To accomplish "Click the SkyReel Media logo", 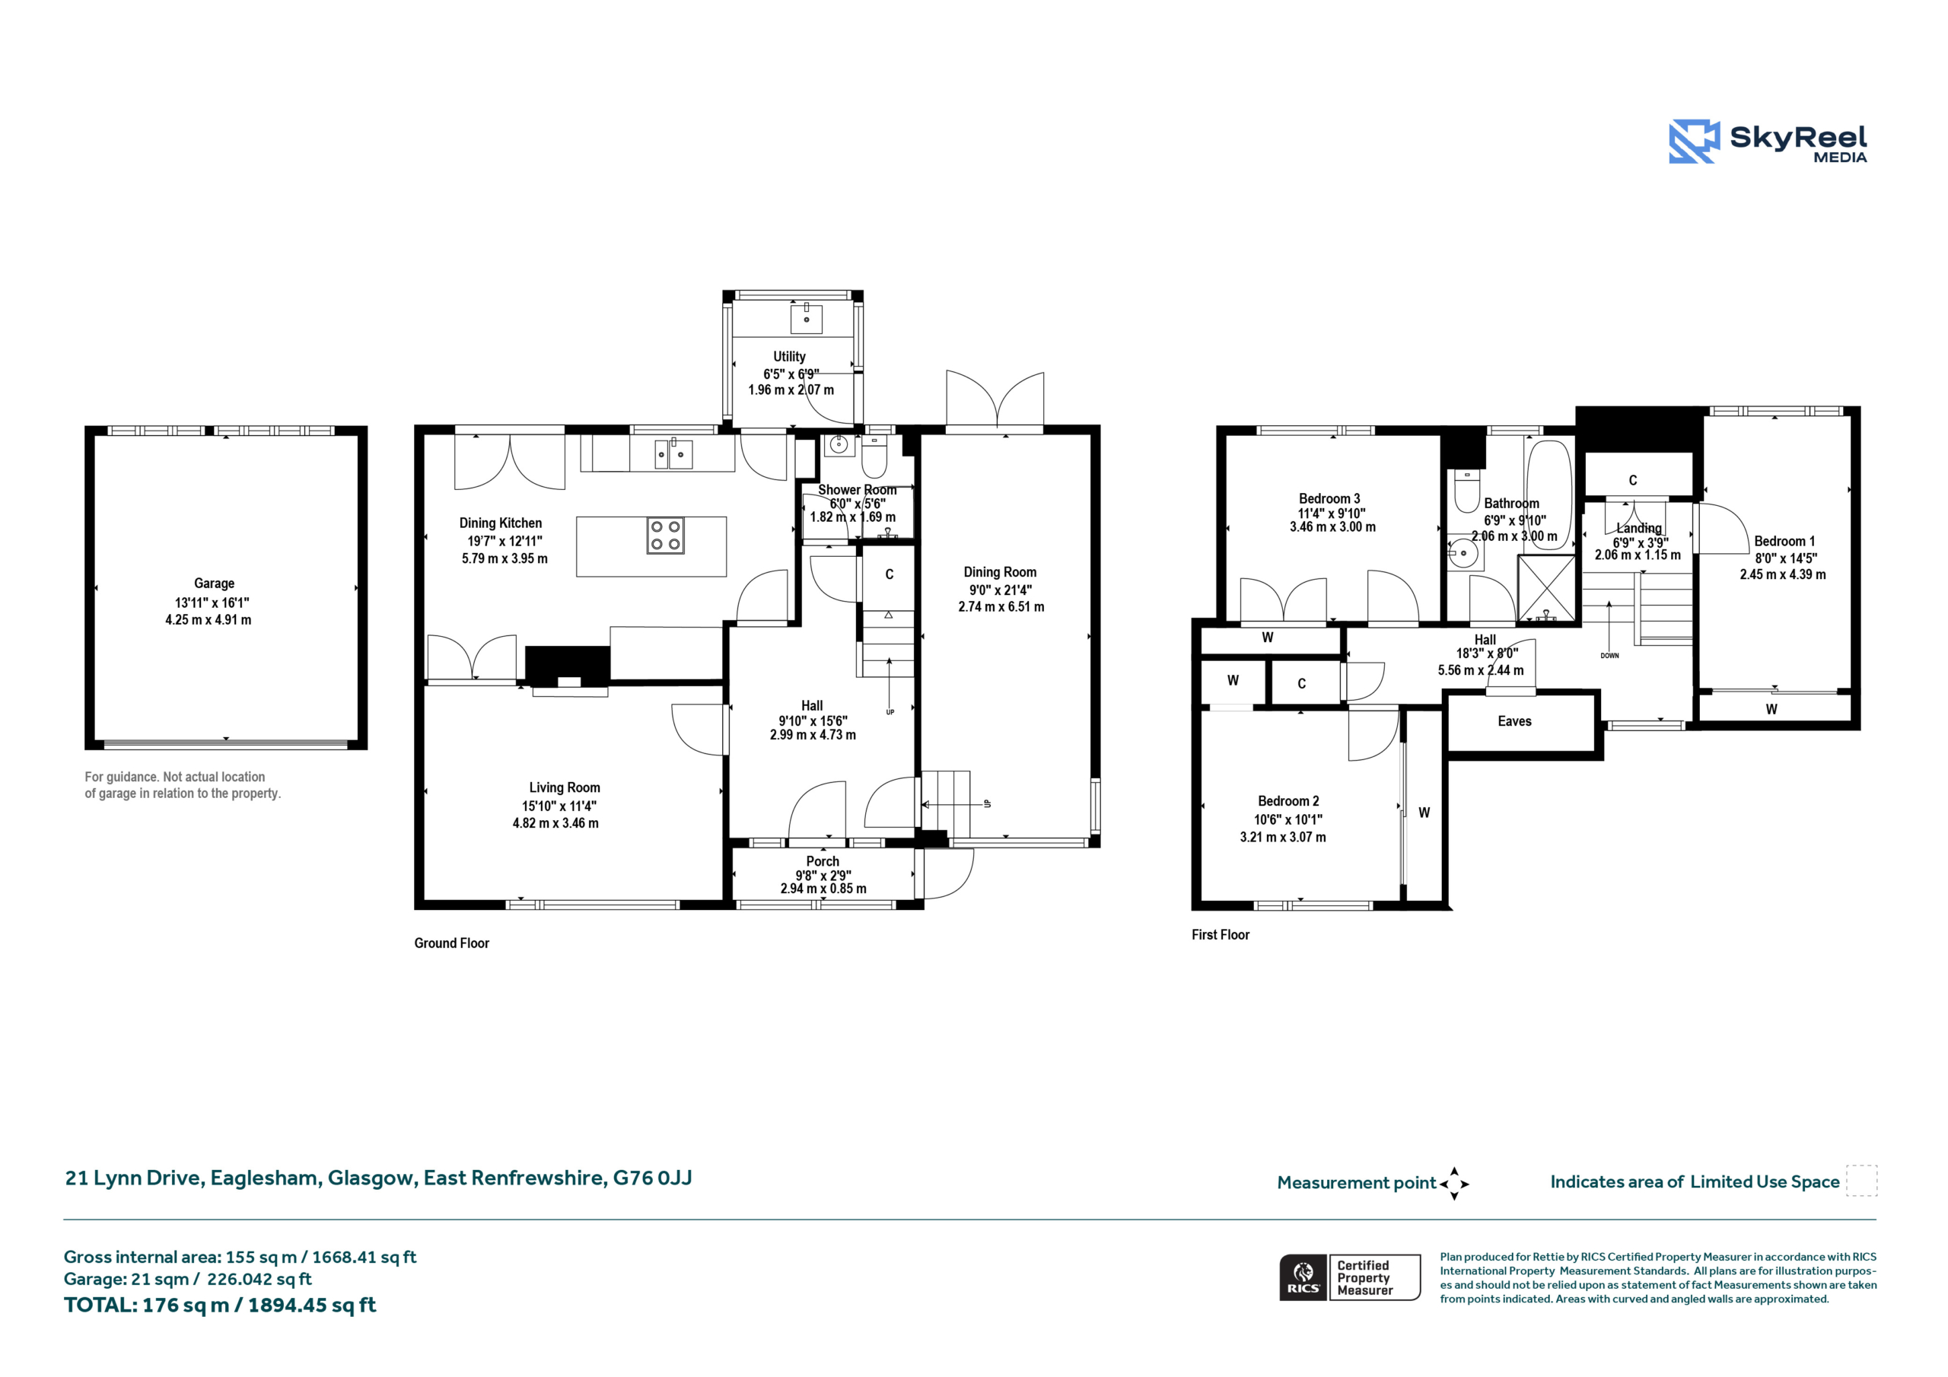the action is point(1768,141).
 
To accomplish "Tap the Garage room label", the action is point(214,584).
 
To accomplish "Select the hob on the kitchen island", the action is point(665,536).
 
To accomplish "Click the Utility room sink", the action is point(806,319).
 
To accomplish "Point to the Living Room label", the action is point(564,788).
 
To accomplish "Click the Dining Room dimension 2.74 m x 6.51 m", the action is point(1001,606).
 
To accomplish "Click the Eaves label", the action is point(1514,721).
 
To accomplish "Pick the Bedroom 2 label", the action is point(1288,801).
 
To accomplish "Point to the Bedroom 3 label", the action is point(1329,499).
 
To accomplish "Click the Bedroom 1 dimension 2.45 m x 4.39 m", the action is point(1783,574).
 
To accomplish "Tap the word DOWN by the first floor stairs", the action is point(1609,656).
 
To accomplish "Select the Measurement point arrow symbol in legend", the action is point(1454,1184).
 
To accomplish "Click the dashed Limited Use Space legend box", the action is point(1861,1181).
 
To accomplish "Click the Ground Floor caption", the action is point(451,943).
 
